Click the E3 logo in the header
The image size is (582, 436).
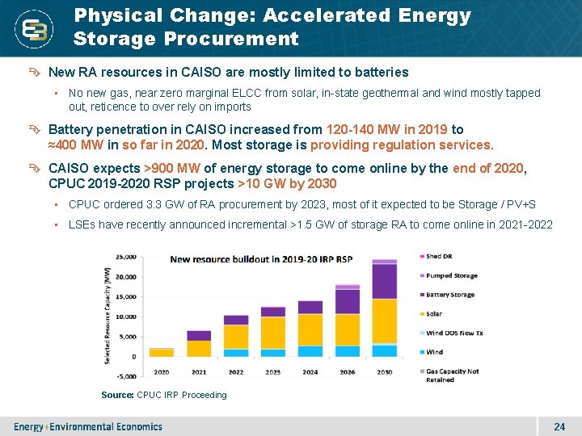[x=36, y=30]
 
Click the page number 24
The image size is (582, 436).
[x=559, y=426]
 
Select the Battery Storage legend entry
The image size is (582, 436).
[x=450, y=295]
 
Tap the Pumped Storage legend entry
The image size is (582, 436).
[x=451, y=275]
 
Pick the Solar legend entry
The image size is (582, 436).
[x=434, y=314]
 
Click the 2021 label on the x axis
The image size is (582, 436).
[x=199, y=372]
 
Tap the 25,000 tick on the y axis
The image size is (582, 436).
[x=126, y=257]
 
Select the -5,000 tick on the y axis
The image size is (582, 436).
[x=126, y=376]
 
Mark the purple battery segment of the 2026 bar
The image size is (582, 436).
[x=347, y=301]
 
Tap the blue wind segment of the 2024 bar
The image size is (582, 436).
[x=310, y=351]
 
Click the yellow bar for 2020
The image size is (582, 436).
[x=162, y=352]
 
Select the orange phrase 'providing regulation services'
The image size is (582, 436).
[x=401, y=145]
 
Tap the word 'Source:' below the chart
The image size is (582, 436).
[x=117, y=395]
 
